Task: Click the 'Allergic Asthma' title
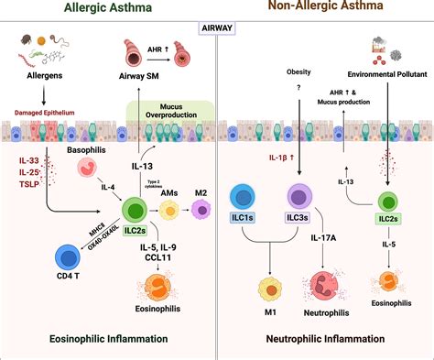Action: pyautogui.click(x=108, y=11)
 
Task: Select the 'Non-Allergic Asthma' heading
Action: pyautogui.click(x=325, y=11)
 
